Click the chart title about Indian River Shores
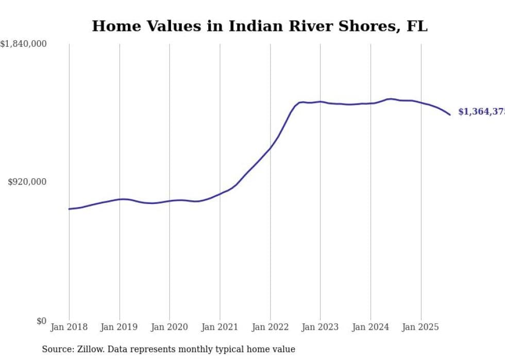click(259, 26)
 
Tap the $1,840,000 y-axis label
click(24, 44)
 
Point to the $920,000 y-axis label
click(27, 182)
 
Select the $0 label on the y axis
click(41, 321)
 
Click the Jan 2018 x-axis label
click(69, 327)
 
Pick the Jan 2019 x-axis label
click(120, 327)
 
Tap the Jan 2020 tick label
click(170, 327)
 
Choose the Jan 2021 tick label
click(220, 327)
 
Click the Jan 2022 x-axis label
click(270, 327)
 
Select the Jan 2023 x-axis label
click(321, 327)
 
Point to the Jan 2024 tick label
click(371, 327)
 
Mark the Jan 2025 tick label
click(421, 327)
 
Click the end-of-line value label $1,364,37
click(481, 112)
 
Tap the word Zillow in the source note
click(90, 349)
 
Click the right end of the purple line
click(450, 114)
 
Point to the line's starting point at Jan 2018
click(69, 209)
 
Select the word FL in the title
click(417, 26)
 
